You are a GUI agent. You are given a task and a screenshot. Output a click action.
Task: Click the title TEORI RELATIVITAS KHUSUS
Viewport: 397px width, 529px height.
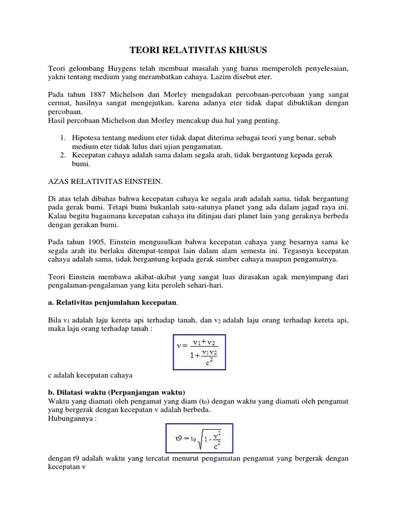(198, 50)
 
